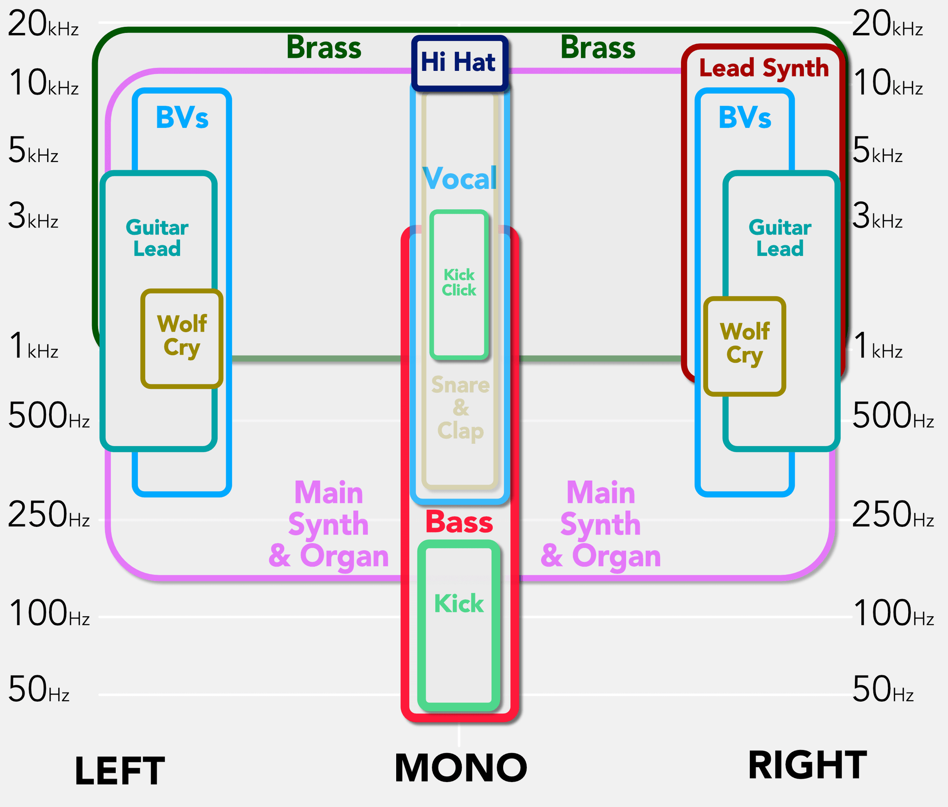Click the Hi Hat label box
(459, 63)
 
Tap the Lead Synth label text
(764, 69)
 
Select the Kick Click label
(459, 282)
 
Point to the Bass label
(459, 522)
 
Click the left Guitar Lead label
(157, 238)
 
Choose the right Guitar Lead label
(780, 238)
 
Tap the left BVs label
(182, 118)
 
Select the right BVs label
(745, 118)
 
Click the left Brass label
(324, 48)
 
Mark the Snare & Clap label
(460, 408)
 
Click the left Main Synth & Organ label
(329, 524)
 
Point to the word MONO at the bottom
(461, 768)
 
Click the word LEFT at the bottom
(119, 771)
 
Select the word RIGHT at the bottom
(807, 766)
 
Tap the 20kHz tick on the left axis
(43, 24)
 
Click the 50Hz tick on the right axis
(882, 689)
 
